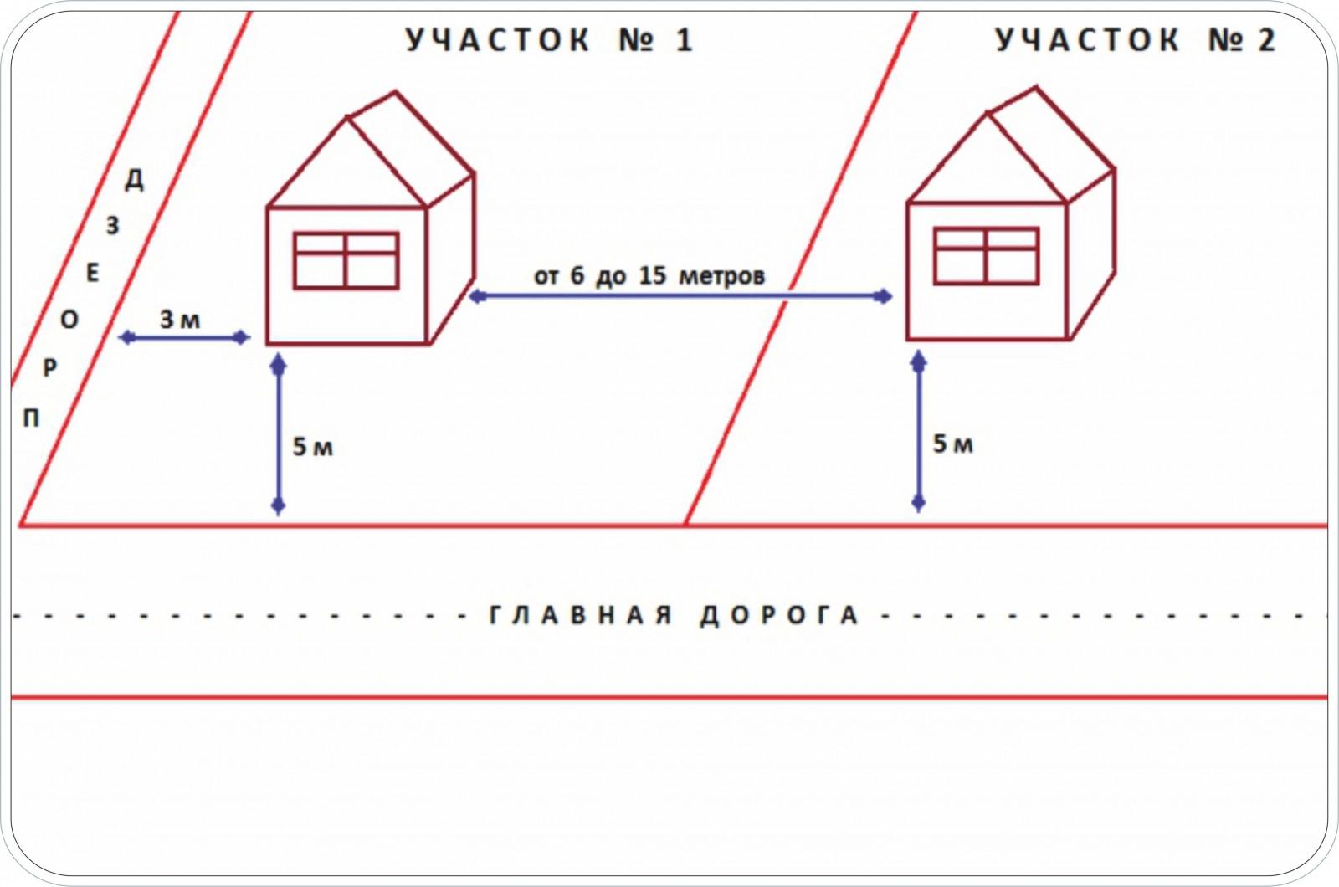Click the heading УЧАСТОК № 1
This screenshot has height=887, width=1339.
[x=549, y=40]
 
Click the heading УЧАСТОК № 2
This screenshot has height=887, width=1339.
[x=1136, y=40]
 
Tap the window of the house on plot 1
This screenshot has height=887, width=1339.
[x=346, y=260]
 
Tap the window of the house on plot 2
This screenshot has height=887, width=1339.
[x=987, y=256]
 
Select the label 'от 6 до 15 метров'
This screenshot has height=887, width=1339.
[x=649, y=275]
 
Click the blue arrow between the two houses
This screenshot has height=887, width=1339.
[x=680, y=296]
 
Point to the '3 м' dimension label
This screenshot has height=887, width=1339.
[x=180, y=320]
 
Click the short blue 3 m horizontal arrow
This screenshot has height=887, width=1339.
[x=184, y=338]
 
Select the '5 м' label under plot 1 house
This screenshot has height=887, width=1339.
[x=313, y=447]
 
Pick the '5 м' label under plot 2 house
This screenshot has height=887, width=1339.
[x=953, y=444]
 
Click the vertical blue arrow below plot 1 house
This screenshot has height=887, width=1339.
[x=278, y=434]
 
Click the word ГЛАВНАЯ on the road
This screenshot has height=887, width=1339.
[x=581, y=615]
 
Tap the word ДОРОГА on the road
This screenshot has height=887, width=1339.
[x=779, y=616]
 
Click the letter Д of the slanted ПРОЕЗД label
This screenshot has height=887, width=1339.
[x=135, y=179]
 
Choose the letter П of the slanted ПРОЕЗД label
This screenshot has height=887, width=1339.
[x=31, y=418]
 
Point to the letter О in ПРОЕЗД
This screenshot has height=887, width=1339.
[x=69, y=320]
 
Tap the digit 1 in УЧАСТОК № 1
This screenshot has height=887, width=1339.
[x=685, y=40]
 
